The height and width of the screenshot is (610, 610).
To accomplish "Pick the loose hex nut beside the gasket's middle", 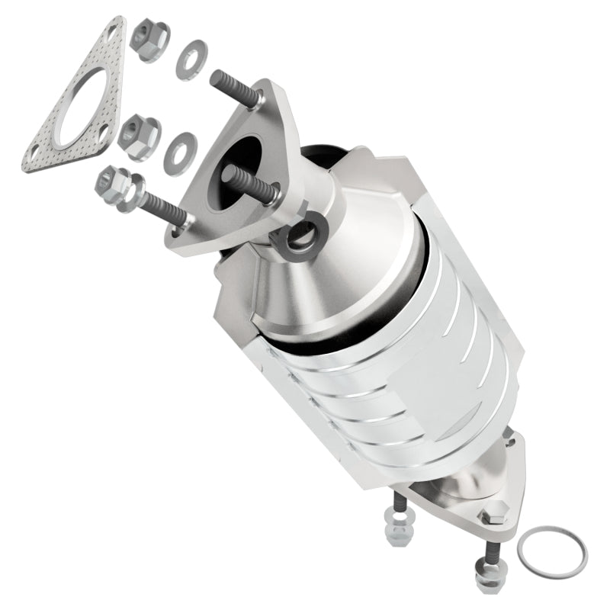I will (139, 135).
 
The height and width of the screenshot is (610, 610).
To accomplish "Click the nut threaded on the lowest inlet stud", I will (114, 187).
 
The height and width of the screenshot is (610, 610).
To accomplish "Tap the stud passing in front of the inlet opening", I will (248, 184).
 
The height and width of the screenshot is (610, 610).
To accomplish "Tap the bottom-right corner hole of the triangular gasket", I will (102, 136).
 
